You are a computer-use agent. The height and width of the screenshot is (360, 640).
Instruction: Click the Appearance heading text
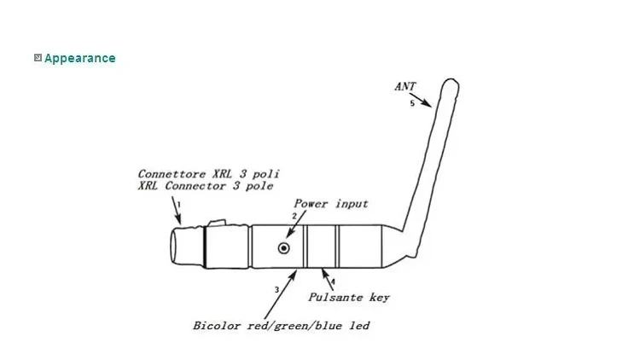click(79, 58)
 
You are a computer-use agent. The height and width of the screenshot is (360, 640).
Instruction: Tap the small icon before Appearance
click(38, 58)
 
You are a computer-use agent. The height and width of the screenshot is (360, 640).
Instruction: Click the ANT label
click(405, 86)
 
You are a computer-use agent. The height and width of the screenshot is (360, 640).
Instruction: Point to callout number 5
click(412, 103)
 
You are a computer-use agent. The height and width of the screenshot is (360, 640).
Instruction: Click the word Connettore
click(168, 173)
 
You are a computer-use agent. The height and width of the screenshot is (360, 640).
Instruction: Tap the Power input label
click(331, 203)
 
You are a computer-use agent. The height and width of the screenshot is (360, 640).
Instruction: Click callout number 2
click(294, 217)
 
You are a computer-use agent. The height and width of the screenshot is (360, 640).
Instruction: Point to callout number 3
click(276, 290)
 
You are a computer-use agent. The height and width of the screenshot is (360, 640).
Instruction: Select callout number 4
click(333, 282)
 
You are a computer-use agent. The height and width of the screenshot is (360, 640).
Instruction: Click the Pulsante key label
click(348, 298)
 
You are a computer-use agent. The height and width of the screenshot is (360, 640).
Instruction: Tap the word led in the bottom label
click(360, 325)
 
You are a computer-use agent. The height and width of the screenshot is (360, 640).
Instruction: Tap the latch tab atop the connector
click(217, 224)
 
